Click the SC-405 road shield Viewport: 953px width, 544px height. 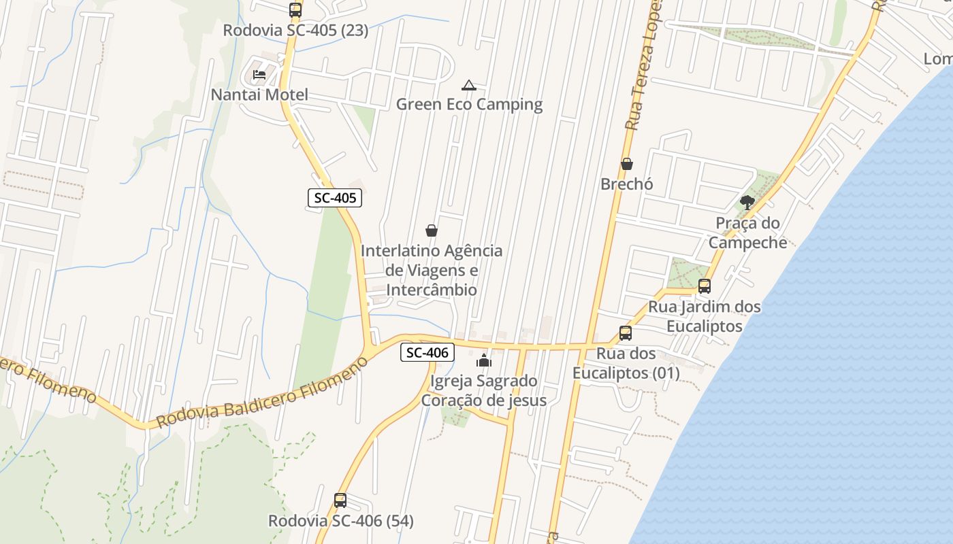coord(334,199)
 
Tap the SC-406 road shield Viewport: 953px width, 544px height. coord(427,352)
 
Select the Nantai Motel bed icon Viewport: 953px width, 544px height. coord(259,74)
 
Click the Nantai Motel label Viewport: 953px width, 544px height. coord(259,95)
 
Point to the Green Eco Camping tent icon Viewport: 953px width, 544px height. coord(468,86)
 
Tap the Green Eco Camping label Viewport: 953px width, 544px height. coord(469,104)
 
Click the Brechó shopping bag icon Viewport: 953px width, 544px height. coord(627,164)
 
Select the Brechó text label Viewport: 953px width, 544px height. coord(627,184)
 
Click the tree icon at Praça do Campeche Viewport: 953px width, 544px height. coord(747,202)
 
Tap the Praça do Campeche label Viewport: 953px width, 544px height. coord(747,233)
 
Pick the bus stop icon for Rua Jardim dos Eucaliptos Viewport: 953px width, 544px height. coord(705,286)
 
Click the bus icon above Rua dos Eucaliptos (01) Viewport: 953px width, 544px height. coord(626,333)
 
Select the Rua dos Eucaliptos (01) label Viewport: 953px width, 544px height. coord(626,363)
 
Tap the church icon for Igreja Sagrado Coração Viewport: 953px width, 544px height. coord(484,360)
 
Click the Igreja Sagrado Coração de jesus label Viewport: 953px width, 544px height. coord(484,390)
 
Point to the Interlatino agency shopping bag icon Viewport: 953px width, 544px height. coord(431,231)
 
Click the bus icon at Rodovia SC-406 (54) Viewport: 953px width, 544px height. coord(340,500)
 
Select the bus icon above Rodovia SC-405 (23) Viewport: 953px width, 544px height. coord(295,10)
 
